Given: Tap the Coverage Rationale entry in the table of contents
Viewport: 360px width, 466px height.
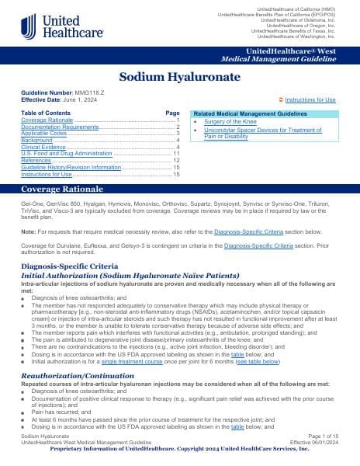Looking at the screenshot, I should [x=45, y=120].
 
